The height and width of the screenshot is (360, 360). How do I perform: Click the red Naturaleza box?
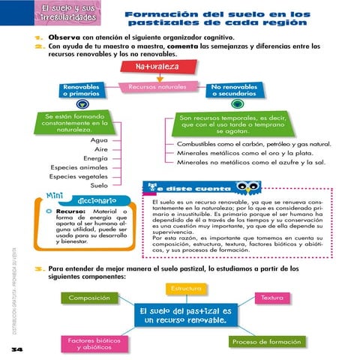158,68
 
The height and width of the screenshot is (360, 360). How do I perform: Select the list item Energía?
94,158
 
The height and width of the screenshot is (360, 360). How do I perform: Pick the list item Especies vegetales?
78,176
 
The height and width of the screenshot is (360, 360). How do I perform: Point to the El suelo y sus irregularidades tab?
47,12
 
